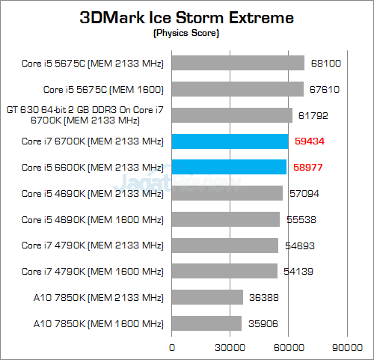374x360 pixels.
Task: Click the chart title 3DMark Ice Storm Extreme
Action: (187, 17)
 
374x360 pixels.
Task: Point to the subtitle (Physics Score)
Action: (187, 34)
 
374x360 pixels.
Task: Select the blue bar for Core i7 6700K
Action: (230, 141)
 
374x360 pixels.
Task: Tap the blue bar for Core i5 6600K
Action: (230, 167)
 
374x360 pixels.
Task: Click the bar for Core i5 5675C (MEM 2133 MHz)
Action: (239, 63)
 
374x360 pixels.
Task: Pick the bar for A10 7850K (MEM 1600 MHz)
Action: (207, 323)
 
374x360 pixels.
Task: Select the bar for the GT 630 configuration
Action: (233, 115)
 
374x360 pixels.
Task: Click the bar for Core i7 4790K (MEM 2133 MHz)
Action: (225, 245)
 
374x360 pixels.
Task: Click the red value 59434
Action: (309, 141)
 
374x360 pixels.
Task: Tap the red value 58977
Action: (307, 167)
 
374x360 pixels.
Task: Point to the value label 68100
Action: (325, 63)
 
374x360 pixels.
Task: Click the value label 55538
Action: (301, 219)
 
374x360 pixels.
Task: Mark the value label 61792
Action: (313, 115)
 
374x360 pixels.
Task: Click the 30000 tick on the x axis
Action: (230, 347)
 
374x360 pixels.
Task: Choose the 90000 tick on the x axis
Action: (346, 347)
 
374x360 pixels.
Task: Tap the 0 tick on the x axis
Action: (173, 347)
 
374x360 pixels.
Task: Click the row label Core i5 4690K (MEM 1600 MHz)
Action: (92, 219)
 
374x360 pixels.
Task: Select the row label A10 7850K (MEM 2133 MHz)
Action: (98, 297)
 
